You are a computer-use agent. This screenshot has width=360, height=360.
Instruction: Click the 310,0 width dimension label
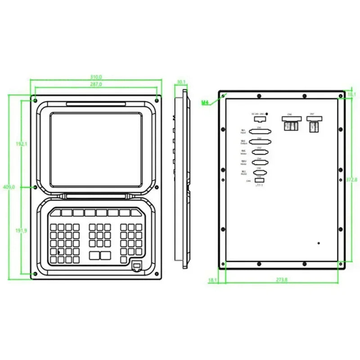tap(96, 77)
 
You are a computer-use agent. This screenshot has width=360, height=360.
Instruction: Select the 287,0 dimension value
tap(96, 85)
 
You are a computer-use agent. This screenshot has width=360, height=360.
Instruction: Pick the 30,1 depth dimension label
tap(181, 82)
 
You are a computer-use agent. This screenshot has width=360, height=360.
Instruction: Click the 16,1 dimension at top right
tap(352, 94)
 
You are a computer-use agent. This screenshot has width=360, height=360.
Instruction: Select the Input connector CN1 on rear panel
tap(259, 132)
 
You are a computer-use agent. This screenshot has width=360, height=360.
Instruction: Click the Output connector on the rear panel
tap(259, 142)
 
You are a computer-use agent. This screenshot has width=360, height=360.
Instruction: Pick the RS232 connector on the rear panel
tap(259, 171)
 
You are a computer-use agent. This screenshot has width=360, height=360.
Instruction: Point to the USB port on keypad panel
tap(135, 266)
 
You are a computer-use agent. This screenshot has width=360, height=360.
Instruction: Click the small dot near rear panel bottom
tap(319, 243)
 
